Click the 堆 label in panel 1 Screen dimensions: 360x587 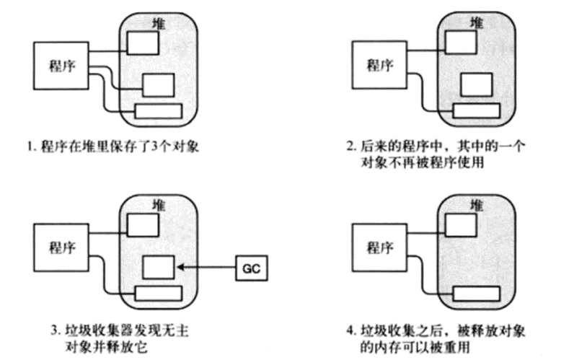coord(158,23)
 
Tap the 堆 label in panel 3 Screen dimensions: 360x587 coord(158,205)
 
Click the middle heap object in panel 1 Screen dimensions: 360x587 coord(158,85)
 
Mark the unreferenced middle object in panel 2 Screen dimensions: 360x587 coord(474,85)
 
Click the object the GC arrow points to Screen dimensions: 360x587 coord(158,268)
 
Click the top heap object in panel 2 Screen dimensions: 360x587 coord(456,41)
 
